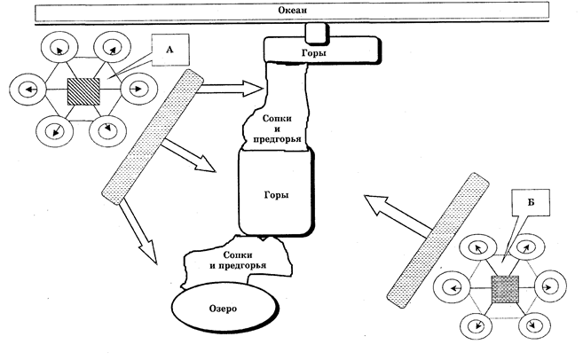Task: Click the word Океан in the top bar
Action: coord(293,10)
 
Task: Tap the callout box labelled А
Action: coord(170,50)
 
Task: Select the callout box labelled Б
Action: coord(531,203)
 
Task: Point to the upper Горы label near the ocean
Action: coord(314,53)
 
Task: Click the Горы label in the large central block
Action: coord(276,195)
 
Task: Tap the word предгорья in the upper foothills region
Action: coord(277,139)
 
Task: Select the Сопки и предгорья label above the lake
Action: coord(238,260)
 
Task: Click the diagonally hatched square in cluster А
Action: coord(83,91)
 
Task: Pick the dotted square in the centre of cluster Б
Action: coord(505,289)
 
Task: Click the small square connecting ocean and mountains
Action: coord(317,32)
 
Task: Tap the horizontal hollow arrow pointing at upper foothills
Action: coord(231,89)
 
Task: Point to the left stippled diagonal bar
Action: coord(153,137)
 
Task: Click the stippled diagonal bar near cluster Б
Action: coord(437,240)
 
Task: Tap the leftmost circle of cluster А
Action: coord(28,90)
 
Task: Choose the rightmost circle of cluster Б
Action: coord(551,286)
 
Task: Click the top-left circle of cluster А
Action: coord(59,48)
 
